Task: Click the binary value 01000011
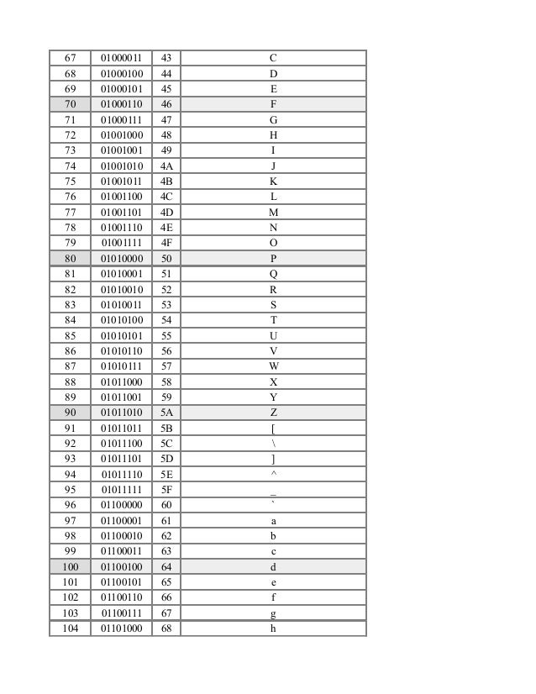click(x=121, y=58)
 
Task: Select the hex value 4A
click(x=166, y=166)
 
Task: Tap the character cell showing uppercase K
click(x=273, y=181)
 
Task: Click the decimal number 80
click(x=70, y=259)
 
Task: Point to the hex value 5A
click(x=166, y=413)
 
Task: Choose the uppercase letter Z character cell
click(x=273, y=413)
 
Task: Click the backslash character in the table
click(x=273, y=444)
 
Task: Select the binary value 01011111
click(x=121, y=490)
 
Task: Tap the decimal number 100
click(x=70, y=567)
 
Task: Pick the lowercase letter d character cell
click(x=273, y=567)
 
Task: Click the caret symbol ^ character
click(x=273, y=475)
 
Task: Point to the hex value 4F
click(x=166, y=244)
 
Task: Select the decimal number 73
click(x=70, y=150)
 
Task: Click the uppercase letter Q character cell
click(x=273, y=274)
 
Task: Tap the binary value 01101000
click(x=121, y=628)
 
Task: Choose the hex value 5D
click(x=166, y=459)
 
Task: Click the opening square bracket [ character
click(x=273, y=428)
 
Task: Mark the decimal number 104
click(x=70, y=628)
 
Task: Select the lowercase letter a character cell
click(x=273, y=521)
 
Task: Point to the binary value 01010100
click(x=121, y=320)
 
